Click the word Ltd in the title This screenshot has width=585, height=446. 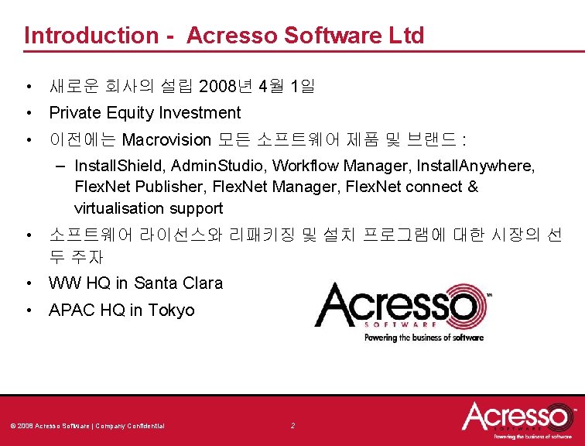(407, 36)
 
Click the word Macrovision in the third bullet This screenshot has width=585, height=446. (166, 140)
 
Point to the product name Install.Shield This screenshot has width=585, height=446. (120, 166)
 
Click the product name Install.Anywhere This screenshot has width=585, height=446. (474, 166)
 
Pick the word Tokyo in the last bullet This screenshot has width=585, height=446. (171, 310)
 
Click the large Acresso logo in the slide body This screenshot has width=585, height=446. (402, 307)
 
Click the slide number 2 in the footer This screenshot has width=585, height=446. (292, 426)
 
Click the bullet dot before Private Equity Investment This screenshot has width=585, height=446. (27, 113)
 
